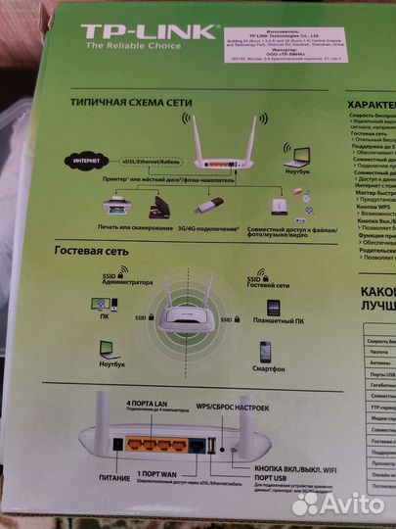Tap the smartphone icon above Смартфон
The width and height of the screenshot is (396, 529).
pyautogui.click(x=265, y=351)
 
